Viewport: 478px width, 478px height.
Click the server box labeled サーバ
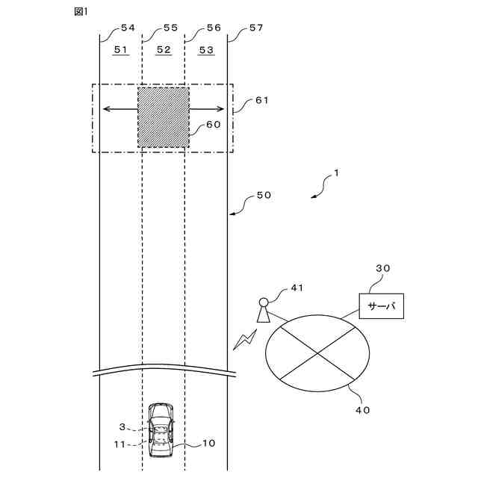[381, 305]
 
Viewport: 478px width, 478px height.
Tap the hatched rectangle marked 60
[163, 117]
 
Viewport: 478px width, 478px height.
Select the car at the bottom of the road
[160, 432]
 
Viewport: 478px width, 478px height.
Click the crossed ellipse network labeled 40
[317, 351]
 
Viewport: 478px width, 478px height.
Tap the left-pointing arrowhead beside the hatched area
[105, 109]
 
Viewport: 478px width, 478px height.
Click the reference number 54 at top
[128, 28]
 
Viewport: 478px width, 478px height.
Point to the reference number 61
[261, 99]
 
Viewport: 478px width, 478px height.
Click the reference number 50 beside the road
[263, 195]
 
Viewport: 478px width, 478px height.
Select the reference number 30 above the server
[382, 269]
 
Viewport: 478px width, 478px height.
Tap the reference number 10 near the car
[208, 443]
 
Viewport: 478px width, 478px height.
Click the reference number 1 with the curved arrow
[336, 173]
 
